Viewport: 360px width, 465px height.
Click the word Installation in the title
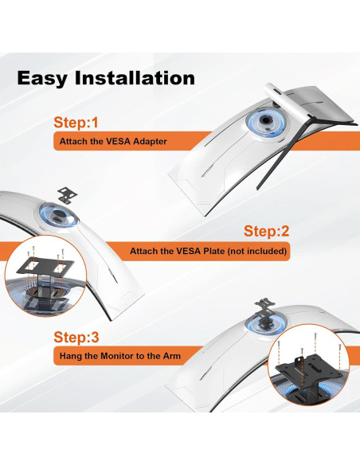(x=135, y=78)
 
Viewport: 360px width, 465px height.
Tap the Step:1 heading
(x=76, y=123)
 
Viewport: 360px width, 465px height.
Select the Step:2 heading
(x=266, y=231)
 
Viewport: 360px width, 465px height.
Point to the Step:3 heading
(x=76, y=337)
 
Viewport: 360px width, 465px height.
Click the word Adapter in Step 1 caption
(x=150, y=142)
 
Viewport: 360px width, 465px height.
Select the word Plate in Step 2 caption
(x=213, y=251)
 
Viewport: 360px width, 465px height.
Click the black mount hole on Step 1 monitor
(x=266, y=120)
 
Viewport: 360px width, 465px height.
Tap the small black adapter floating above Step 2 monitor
(x=68, y=195)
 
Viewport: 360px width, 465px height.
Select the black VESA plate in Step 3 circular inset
(x=309, y=370)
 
